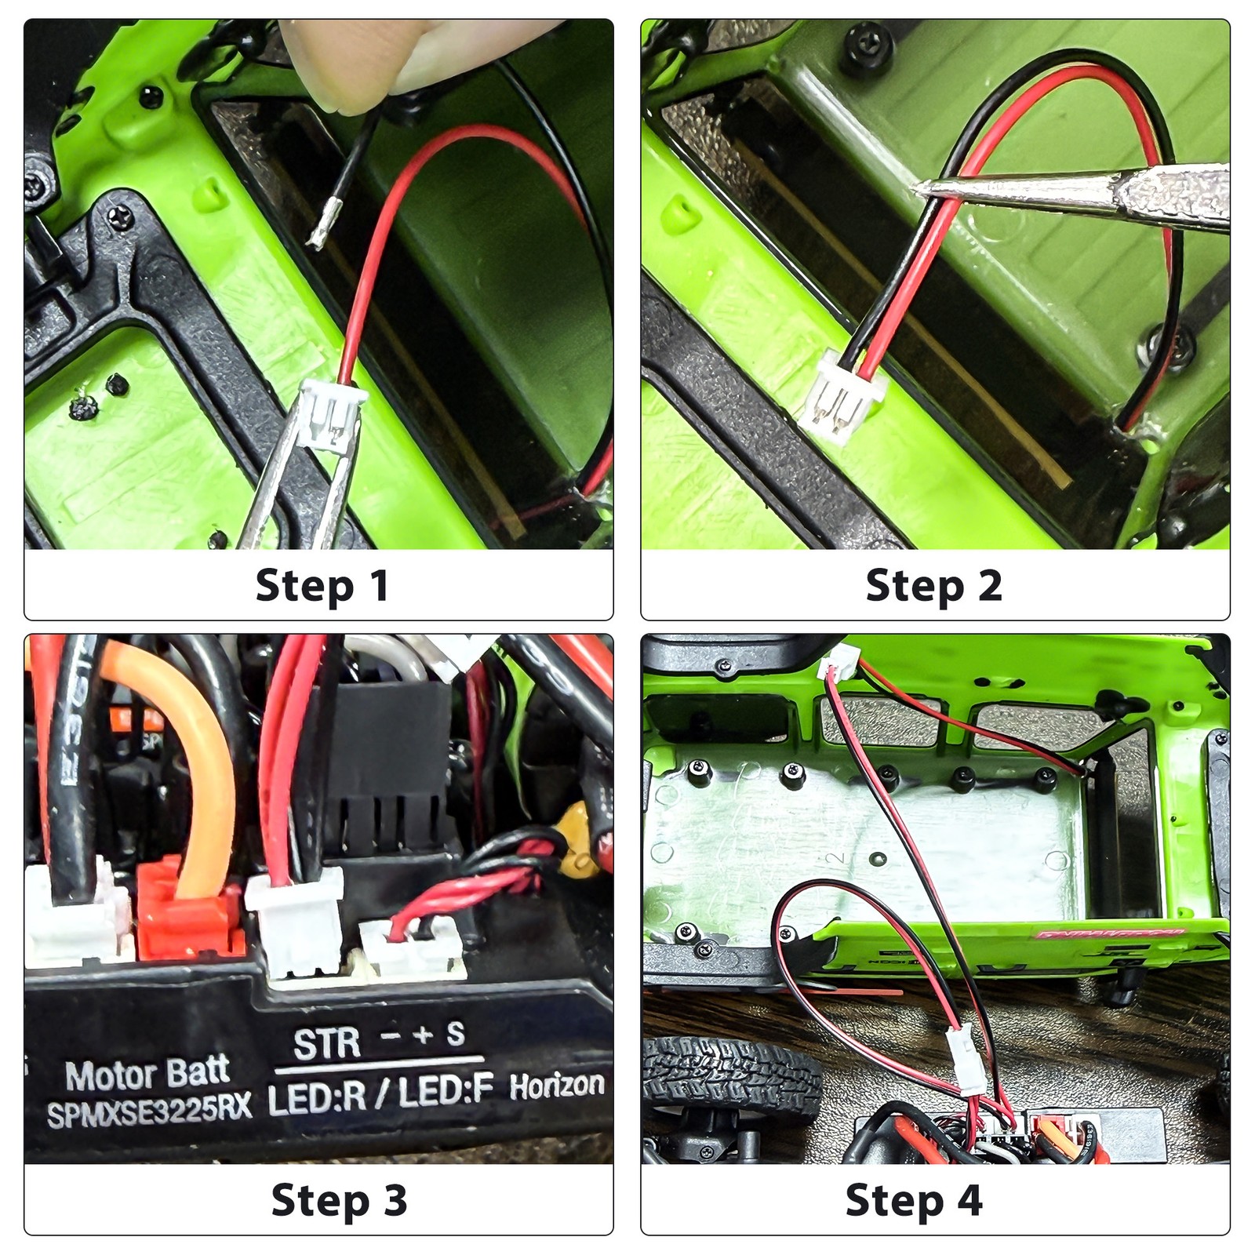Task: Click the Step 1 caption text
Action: coord(322,586)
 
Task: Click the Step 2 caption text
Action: coord(933,586)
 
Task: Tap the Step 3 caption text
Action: coord(339,1201)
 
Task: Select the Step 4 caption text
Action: coord(913,1201)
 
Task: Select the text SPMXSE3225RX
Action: coord(149,1111)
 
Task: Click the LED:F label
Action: coord(445,1092)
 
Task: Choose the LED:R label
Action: coord(317,1098)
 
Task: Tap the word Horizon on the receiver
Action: coord(557,1086)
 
